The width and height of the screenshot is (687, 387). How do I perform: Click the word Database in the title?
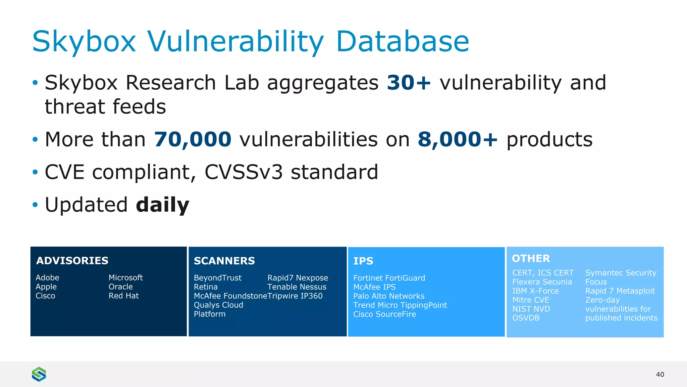pyautogui.click(x=402, y=41)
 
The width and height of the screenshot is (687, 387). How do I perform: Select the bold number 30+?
pyautogui.click(x=409, y=83)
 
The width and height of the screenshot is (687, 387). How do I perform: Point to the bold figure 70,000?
pyautogui.click(x=193, y=139)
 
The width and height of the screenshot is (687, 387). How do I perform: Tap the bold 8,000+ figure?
pyautogui.click(x=458, y=139)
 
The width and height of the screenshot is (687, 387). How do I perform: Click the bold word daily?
pyautogui.click(x=163, y=205)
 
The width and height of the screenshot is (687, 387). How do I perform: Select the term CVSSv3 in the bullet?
pyautogui.click(x=244, y=172)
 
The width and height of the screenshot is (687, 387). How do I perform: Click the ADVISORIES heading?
pyautogui.click(x=72, y=261)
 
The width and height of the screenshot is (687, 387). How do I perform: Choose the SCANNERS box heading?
pyautogui.click(x=224, y=261)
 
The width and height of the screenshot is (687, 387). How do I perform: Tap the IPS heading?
pyautogui.click(x=363, y=261)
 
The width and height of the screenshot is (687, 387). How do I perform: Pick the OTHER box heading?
pyautogui.click(x=531, y=258)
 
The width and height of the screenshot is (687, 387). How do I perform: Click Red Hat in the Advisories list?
pyautogui.click(x=123, y=296)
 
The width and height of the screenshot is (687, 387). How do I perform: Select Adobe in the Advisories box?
pyautogui.click(x=47, y=278)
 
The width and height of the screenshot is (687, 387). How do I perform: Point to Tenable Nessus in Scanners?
pyautogui.click(x=297, y=287)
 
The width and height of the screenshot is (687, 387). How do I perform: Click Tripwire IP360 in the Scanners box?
pyautogui.click(x=295, y=296)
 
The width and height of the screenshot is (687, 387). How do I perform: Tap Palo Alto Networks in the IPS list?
pyautogui.click(x=388, y=296)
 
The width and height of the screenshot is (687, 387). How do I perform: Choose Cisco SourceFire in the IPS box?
pyautogui.click(x=384, y=314)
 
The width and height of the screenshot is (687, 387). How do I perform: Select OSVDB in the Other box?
pyautogui.click(x=526, y=318)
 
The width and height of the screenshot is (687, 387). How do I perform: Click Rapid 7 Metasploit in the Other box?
pyautogui.click(x=620, y=291)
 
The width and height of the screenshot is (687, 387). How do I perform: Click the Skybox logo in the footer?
pyautogui.click(x=39, y=374)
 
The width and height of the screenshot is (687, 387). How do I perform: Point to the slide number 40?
pyautogui.click(x=660, y=375)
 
